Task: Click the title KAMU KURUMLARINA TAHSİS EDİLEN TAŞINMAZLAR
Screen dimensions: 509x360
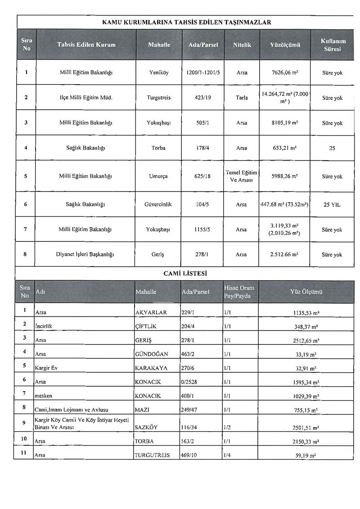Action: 186,22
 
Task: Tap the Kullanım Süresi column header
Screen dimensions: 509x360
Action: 333,45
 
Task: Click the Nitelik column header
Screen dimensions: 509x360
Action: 242,45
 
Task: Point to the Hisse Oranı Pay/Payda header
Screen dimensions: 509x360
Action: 238,292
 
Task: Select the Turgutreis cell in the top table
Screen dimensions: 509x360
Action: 158,98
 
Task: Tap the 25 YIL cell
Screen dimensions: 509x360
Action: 332,205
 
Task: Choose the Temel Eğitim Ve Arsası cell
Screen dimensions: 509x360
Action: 242,176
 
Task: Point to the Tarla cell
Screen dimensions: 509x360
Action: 242,98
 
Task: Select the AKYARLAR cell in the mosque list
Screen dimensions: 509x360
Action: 151,313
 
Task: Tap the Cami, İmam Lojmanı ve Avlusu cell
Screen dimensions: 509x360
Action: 72,410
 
